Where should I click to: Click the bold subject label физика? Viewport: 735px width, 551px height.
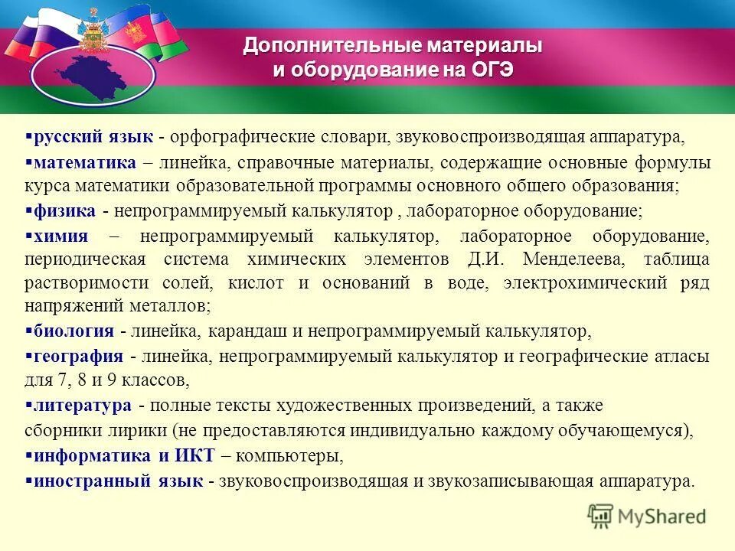[x=65, y=210]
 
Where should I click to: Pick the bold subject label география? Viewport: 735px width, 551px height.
[x=79, y=356]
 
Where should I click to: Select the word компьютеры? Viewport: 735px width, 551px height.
[x=288, y=456]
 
